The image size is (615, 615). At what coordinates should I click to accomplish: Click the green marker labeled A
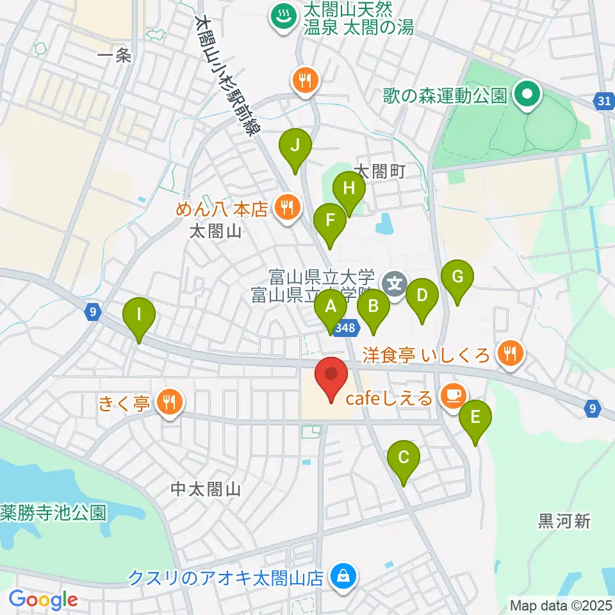coord(331,311)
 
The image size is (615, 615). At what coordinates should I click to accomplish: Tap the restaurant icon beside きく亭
coord(170,403)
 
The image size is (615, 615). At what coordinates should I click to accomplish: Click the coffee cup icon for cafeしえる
coord(453,396)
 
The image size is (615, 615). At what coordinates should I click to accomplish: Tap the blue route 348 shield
coord(345,327)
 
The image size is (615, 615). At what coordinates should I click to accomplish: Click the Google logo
coord(43,600)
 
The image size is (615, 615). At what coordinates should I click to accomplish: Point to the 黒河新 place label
coord(564,521)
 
